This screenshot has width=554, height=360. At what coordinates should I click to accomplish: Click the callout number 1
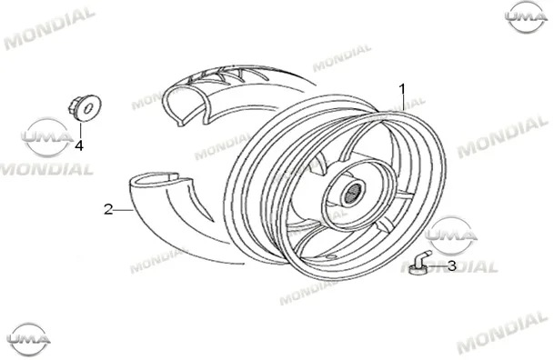click(402, 89)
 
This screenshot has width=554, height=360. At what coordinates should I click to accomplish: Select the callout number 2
click(108, 209)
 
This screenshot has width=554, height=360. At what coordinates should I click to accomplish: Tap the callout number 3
click(452, 265)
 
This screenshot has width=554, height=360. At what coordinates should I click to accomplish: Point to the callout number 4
click(79, 145)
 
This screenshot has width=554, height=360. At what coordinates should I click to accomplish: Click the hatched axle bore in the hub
click(351, 195)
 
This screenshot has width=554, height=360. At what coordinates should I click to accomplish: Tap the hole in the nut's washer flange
click(88, 107)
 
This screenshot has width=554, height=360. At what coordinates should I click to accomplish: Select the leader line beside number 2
click(124, 210)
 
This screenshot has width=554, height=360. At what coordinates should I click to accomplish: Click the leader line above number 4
click(81, 130)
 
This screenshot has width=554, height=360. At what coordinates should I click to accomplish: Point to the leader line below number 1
click(403, 104)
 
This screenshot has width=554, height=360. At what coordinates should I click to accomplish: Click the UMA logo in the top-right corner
click(526, 17)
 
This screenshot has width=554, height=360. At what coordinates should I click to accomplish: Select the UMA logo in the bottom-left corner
click(28, 339)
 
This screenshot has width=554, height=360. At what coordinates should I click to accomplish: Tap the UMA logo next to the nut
click(46, 137)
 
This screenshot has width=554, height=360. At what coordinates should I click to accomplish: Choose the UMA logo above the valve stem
click(451, 235)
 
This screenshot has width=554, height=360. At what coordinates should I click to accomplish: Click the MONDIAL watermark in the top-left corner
click(49, 27)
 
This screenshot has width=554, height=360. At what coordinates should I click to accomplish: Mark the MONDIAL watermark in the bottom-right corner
click(502, 333)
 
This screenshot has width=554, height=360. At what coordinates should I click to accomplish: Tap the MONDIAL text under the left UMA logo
click(46, 170)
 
